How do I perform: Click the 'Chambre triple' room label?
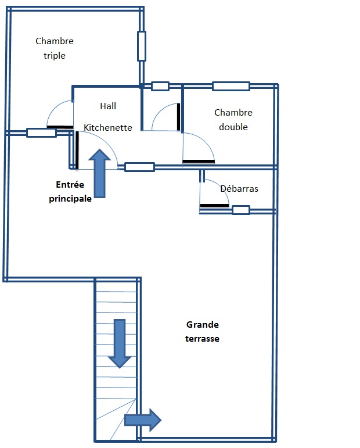55,48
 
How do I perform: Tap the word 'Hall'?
108,106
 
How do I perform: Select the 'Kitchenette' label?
108,127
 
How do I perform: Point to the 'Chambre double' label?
233,120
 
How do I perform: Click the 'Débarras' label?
239,189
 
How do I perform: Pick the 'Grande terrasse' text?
203,331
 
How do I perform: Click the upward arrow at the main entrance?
99,173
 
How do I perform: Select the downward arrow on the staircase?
120,343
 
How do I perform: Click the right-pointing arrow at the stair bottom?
143,420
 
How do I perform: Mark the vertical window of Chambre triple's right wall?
141,46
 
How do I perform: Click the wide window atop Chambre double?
231,87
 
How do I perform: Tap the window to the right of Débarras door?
240,210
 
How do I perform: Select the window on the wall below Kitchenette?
139,167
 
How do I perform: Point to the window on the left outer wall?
41,132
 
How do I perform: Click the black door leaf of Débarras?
214,205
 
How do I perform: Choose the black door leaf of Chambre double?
199,160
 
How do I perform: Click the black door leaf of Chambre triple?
60,127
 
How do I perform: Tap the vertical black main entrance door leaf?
77,149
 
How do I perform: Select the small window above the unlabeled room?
160,87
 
